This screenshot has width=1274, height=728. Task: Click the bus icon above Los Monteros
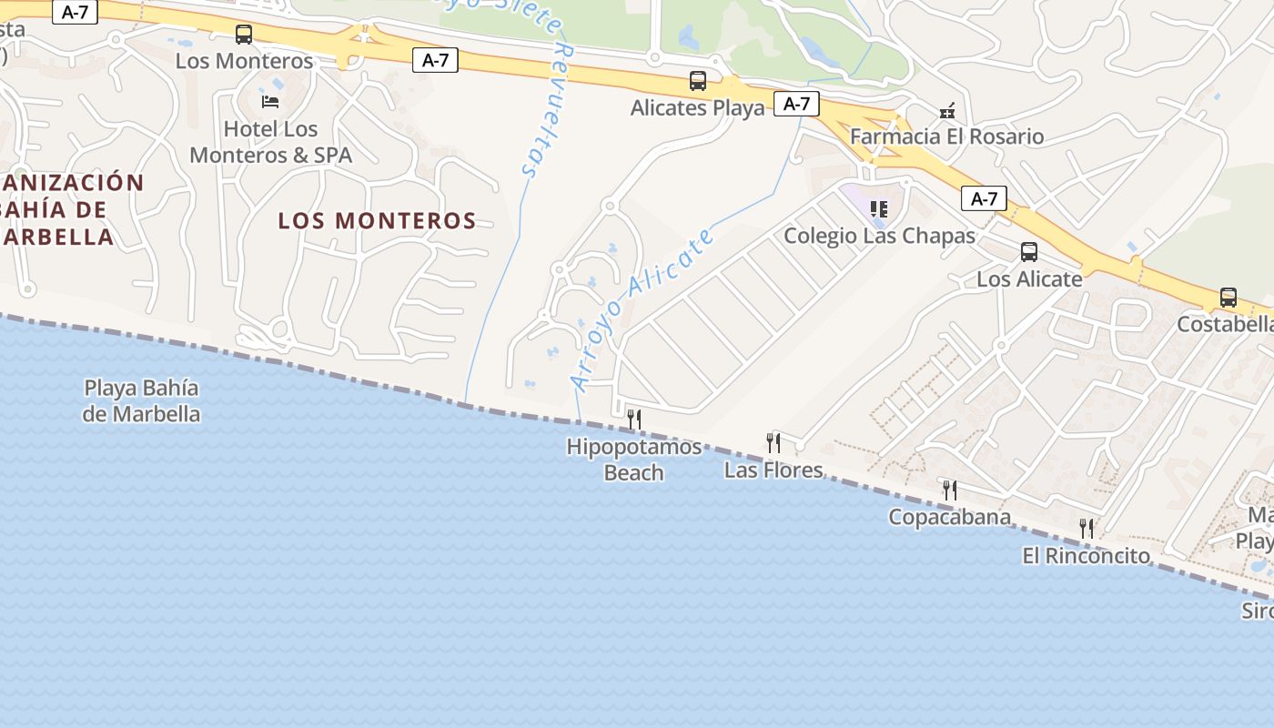pos(244,35)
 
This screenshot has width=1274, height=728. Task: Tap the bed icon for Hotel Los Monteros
pos(270,101)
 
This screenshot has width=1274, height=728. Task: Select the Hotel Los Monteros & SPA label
pos(270,142)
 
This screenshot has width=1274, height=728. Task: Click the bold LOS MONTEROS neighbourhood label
pos(377,220)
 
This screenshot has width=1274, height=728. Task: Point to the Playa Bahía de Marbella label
pos(141,400)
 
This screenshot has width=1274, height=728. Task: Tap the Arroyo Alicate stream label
pos(642,309)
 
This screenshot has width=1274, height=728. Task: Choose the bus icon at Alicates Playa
pos(698,81)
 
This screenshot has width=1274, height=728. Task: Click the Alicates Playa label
pos(698,107)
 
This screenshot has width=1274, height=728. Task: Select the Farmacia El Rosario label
pos(946,136)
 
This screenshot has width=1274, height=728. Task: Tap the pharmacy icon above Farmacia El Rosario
pos(947,111)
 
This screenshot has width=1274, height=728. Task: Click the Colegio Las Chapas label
pos(879,236)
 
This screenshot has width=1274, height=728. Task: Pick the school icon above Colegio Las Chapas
pos(878,209)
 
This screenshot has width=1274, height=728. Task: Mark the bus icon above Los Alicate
pos(1029,252)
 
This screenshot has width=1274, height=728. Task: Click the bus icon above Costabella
pos(1228,298)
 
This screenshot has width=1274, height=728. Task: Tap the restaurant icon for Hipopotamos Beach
pos(634,419)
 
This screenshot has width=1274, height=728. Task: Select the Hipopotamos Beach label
pos(634,460)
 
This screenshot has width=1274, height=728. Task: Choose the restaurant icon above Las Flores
pos(773,443)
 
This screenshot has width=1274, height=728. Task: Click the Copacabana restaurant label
pos(949,517)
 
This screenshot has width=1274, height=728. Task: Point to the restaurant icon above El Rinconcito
pos(1086,529)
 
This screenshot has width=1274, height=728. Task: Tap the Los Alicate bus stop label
pos(1029,278)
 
